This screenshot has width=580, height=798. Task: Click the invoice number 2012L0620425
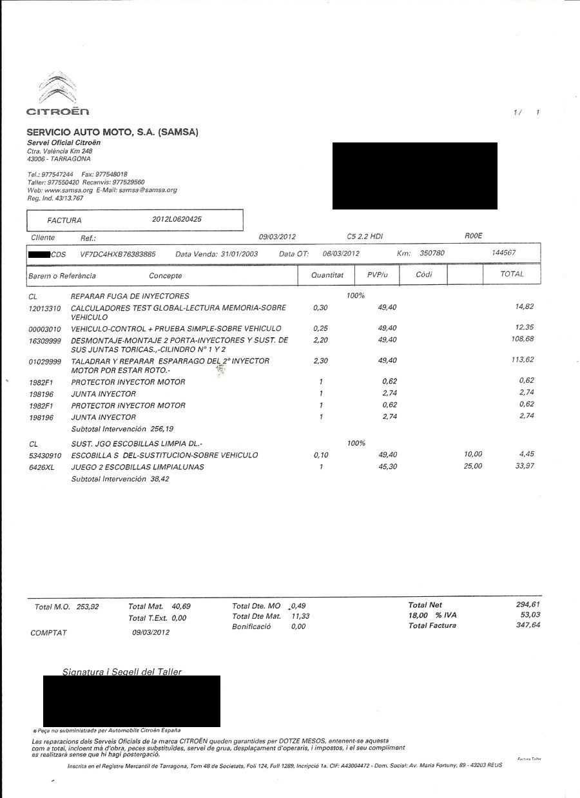point(177,219)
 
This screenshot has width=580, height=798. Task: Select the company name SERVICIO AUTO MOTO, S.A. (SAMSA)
point(112,132)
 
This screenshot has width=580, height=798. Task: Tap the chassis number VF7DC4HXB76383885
point(117,254)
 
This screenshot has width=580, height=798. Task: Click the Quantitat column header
point(327,275)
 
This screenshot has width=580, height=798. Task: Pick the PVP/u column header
point(377,275)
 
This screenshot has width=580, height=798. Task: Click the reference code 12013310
point(45,308)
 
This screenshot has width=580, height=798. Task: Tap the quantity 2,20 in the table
point(320,340)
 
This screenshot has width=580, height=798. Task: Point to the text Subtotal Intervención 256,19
point(122,429)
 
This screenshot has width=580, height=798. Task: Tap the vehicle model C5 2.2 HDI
point(365,237)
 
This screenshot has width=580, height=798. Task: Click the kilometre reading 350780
point(432,253)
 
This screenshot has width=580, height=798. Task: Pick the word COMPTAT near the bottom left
point(48,633)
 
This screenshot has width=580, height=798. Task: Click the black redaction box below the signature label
point(131,701)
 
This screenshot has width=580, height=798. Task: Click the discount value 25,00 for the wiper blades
point(472,467)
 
